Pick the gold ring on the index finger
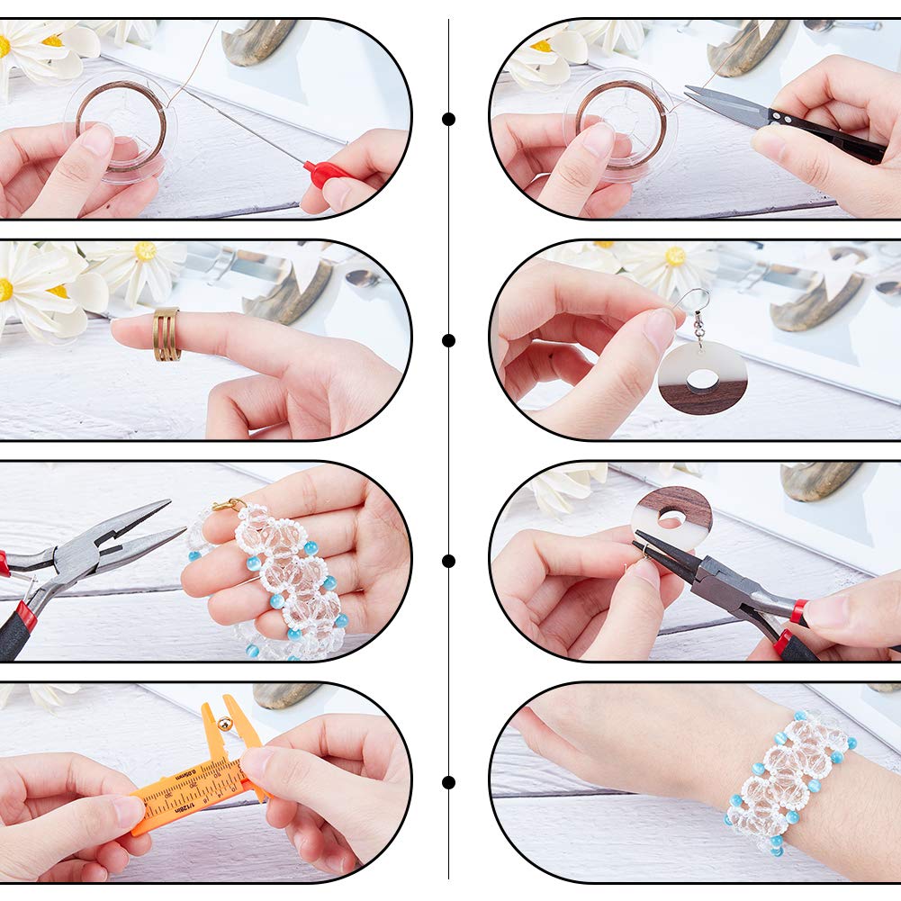pyautogui.click(x=166, y=334)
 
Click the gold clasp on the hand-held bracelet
pyautogui.click(x=229, y=506)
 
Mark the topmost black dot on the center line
pyautogui.click(x=448, y=119)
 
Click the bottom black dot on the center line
pyautogui.click(x=448, y=782)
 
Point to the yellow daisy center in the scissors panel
pyautogui.click(x=541, y=46)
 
